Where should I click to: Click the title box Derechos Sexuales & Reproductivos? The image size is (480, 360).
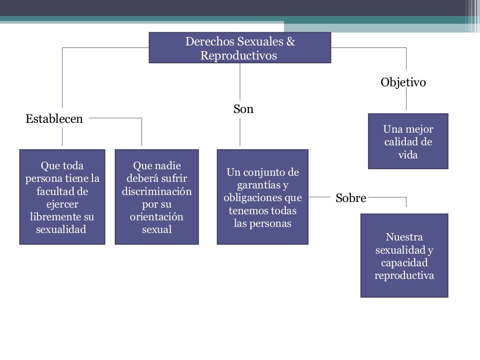pyautogui.click(x=240, y=47)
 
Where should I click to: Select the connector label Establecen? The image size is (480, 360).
pyautogui.click(x=54, y=119)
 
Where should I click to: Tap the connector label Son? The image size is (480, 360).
pyautogui.click(x=243, y=109)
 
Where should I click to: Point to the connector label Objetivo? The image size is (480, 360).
pyautogui.click(x=403, y=82)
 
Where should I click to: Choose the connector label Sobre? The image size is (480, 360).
pyautogui.click(x=351, y=198)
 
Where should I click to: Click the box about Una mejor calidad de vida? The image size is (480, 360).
pyautogui.click(x=408, y=141)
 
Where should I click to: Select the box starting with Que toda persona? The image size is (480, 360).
pyautogui.click(x=62, y=197)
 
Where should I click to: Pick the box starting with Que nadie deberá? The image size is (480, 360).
pyautogui.click(x=157, y=197)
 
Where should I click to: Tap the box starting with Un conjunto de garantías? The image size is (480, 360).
pyautogui.click(x=262, y=197)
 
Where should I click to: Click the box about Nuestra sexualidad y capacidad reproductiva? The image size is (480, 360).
pyautogui.click(x=404, y=255)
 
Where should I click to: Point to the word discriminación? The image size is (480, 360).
pyautogui.click(x=157, y=192)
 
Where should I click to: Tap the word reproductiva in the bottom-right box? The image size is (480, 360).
pyautogui.click(x=404, y=275)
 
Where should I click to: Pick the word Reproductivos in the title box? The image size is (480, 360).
pyautogui.click(x=239, y=56)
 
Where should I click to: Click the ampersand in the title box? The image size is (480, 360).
pyautogui.click(x=291, y=42)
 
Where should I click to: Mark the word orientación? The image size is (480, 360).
pyautogui.click(x=157, y=217)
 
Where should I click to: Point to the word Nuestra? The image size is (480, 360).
pyautogui.click(x=404, y=237)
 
